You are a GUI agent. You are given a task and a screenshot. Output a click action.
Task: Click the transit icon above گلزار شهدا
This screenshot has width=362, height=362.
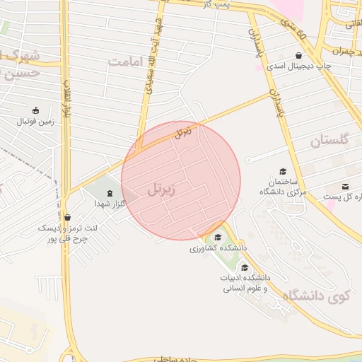[x=109, y=193]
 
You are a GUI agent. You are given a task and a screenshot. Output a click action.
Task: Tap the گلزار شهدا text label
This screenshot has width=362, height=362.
[x=110, y=204]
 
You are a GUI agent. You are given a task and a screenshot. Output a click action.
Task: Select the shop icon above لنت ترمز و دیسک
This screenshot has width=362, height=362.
[x=67, y=218]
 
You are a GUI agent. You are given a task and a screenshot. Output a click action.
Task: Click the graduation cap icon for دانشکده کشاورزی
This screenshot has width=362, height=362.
[x=218, y=238]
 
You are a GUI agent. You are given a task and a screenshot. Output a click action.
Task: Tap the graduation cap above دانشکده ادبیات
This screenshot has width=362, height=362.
[x=245, y=267]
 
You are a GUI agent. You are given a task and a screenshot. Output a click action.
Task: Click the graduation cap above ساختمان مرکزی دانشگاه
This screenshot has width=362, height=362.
[x=283, y=171]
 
